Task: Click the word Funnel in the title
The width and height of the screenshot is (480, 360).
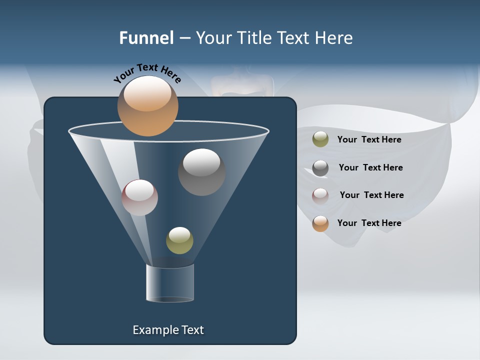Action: [x=146, y=38]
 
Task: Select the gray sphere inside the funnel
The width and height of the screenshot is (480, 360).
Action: [x=201, y=172]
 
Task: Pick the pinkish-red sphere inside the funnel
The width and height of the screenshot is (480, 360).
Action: [x=139, y=197]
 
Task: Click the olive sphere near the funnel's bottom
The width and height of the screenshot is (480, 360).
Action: [x=179, y=240]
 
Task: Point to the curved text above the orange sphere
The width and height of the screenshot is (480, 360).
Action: [x=147, y=73]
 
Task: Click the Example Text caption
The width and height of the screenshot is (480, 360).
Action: [x=168, y=329]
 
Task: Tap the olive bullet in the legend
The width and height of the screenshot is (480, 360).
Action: [x=320, y=139]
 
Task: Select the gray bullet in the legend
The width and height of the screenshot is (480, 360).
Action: [x=320, y=168]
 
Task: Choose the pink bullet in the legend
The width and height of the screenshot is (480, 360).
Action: [x=320, y=195]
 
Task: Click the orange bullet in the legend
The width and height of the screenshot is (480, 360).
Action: [x=320, y=223]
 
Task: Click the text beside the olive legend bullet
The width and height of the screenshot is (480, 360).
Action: [x=369, y=139]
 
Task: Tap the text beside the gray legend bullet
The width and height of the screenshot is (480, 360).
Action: [x=370, y=167]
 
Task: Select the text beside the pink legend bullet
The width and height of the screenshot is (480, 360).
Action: [x=371, y=195]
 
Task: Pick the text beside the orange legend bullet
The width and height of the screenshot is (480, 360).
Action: [x=369, y=223]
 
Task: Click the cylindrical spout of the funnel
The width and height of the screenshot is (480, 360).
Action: [x=169, y=283]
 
